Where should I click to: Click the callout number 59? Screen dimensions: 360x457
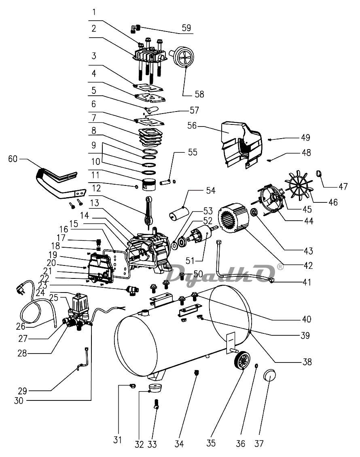(x=186, y=28)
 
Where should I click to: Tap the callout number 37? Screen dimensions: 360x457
(x=259, y=444)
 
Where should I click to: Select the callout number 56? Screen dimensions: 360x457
(x=192, y=126)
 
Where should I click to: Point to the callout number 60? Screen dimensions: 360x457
(x=13, y=159)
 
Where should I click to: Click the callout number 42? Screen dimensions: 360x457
(x=308, y=265)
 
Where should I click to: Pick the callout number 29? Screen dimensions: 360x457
(x=23, y=391)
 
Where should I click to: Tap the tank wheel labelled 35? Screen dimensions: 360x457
(x=242, y=360)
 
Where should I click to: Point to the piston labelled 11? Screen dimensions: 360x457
(x=149, y=184)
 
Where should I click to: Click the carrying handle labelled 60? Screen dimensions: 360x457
(x=58, y=183)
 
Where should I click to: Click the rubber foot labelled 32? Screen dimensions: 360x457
(x=155, y=388)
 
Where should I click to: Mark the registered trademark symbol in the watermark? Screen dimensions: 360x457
(x=280, y=267)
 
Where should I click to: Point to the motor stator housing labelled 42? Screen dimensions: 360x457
(x=234, y=217)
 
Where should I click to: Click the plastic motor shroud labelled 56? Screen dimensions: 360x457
(x=241, y=145)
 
